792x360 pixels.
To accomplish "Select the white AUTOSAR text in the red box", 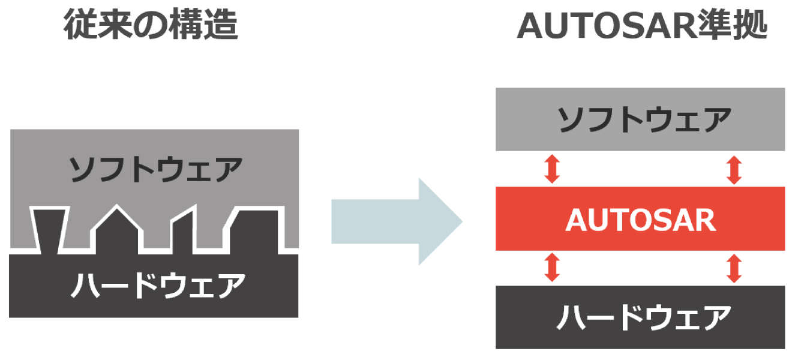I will (x=640, y=220).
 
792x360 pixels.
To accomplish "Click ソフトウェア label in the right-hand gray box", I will (x=640, y=119).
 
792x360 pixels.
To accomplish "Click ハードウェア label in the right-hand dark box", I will (x=640, y=317).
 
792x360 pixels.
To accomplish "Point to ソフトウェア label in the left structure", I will (x=155, y=169).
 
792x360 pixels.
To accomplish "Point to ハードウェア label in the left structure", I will (x=155, y=286).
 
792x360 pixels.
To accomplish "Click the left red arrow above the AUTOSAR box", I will (x=552, y=169).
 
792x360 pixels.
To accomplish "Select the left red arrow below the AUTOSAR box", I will (x=552, y=268).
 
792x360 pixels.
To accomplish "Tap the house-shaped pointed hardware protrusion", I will (x=116, y=231).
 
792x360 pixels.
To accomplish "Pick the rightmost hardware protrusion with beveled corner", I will (x=254, y=231).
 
